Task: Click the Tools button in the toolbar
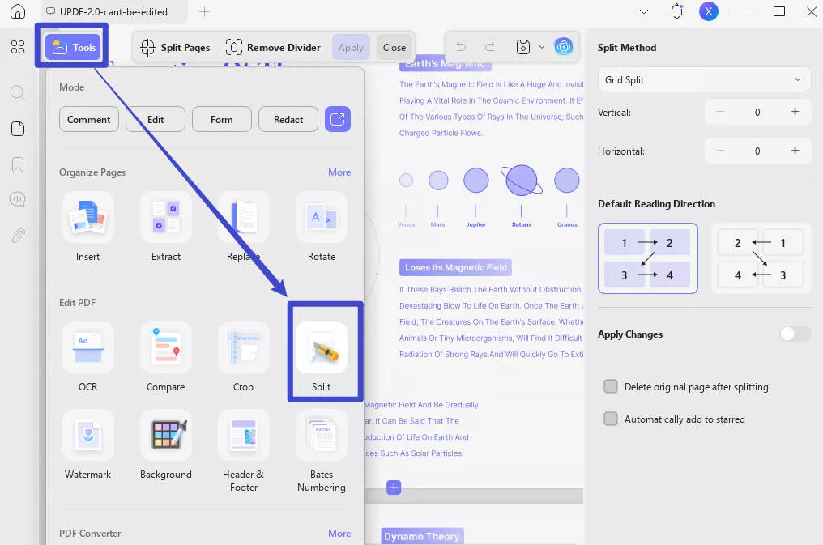[75, 47]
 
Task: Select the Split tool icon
[322, 348]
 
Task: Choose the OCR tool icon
[87, 348]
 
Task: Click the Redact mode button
[288, 119]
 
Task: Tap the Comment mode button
[89, 119]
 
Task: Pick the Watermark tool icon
[87, 436]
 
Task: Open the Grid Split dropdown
[704, 80]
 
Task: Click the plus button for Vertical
[795, 112]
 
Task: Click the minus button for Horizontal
[720, 151]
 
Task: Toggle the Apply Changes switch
[795, 334]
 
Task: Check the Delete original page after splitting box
[611, 387]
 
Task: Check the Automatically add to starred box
[611, 419]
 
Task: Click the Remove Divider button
[273, 47]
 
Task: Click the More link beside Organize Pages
[339, 172]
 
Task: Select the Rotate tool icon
[322, 218]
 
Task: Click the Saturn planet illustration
[522, 181]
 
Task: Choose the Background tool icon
[165, 436]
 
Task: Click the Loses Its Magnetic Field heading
[455, 267]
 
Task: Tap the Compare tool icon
[165, 348]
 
